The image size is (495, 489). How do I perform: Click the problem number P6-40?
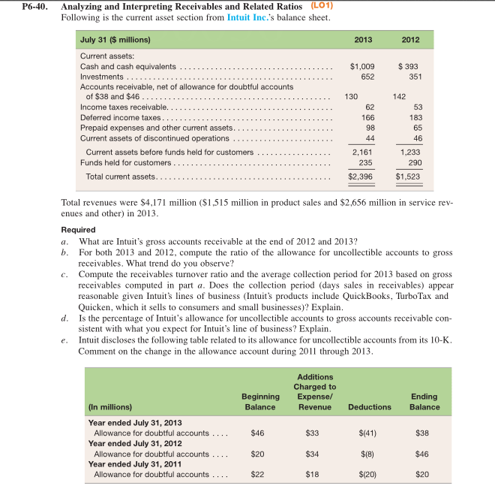point(20,6)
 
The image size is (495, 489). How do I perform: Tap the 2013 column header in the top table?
point(363,39)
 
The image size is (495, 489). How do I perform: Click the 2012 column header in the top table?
point(410,39)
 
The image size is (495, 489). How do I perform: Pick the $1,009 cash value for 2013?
point(362,66)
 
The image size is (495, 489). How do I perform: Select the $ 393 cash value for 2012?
point(408,66)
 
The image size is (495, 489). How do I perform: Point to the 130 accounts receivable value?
point(350,96)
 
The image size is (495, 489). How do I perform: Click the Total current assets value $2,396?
point(361,177)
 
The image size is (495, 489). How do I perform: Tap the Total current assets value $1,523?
point(409,177)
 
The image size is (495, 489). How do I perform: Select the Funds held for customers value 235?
point(366,162)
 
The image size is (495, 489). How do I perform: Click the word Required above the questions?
point(78,229)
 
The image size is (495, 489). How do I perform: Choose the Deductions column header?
point(369,406)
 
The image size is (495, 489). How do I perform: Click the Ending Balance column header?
point(424,402)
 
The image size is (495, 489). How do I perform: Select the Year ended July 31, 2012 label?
point(136,443)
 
